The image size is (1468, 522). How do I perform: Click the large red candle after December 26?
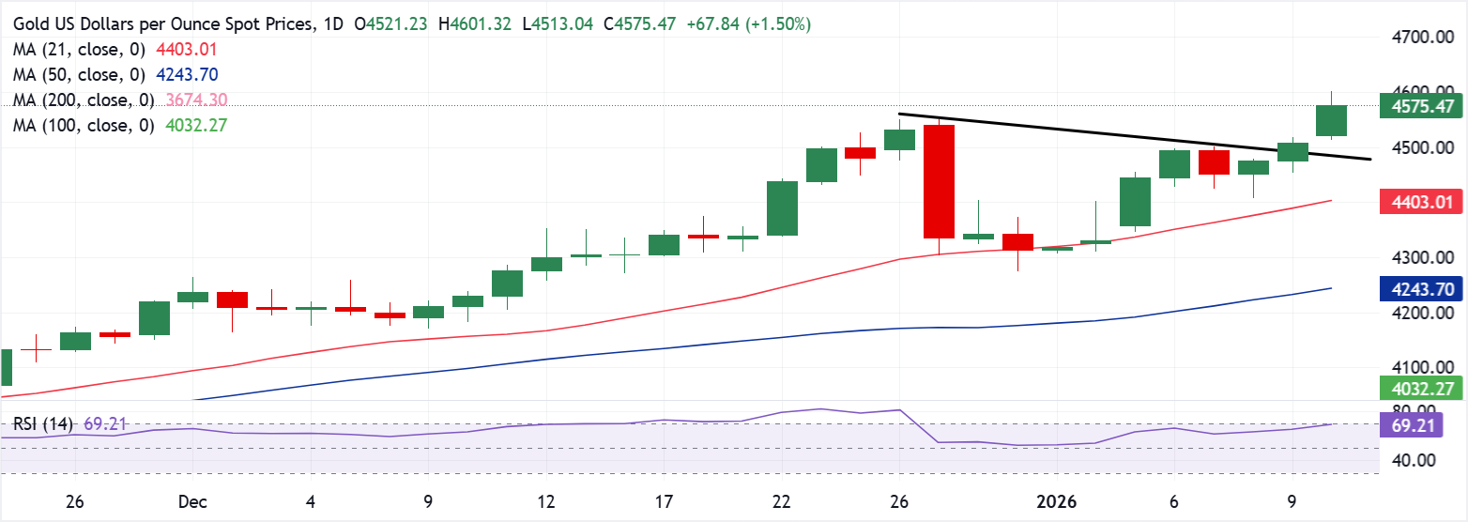(939, 181)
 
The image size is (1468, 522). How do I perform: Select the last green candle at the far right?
(1332, 121)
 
